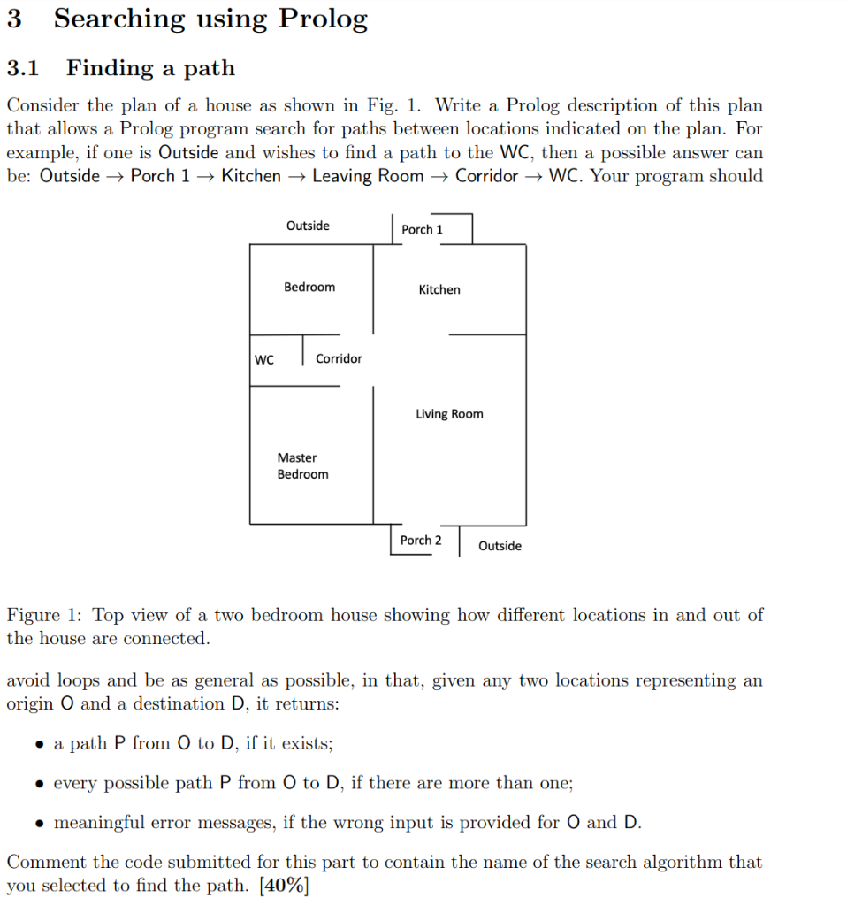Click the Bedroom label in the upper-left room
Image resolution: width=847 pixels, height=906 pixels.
pos(309,287)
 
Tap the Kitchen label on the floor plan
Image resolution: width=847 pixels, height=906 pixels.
pos(439,289)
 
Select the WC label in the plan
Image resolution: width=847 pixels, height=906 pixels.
pos(264,359)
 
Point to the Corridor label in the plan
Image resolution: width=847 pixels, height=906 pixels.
pos(339,358)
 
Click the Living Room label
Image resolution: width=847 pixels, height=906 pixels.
pos(449,414)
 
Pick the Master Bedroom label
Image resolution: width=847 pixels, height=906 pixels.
pos(302,465)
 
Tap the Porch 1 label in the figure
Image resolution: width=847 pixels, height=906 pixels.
pos(422,229)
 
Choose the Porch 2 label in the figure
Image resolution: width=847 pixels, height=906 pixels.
pos(421,540)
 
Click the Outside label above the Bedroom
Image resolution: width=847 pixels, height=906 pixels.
pos(308,226)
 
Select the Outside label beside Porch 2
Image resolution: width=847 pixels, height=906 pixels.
pos(500,546)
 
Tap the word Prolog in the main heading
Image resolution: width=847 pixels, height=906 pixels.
pos(323,19)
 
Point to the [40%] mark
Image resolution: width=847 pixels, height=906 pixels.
pos(284,885)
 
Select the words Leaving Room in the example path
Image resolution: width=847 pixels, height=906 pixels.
pos(368,176)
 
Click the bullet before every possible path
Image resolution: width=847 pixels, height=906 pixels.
pos(40,784)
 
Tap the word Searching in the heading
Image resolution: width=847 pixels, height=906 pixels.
pos(119,19)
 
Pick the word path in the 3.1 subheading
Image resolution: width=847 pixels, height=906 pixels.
pos(210,68)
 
